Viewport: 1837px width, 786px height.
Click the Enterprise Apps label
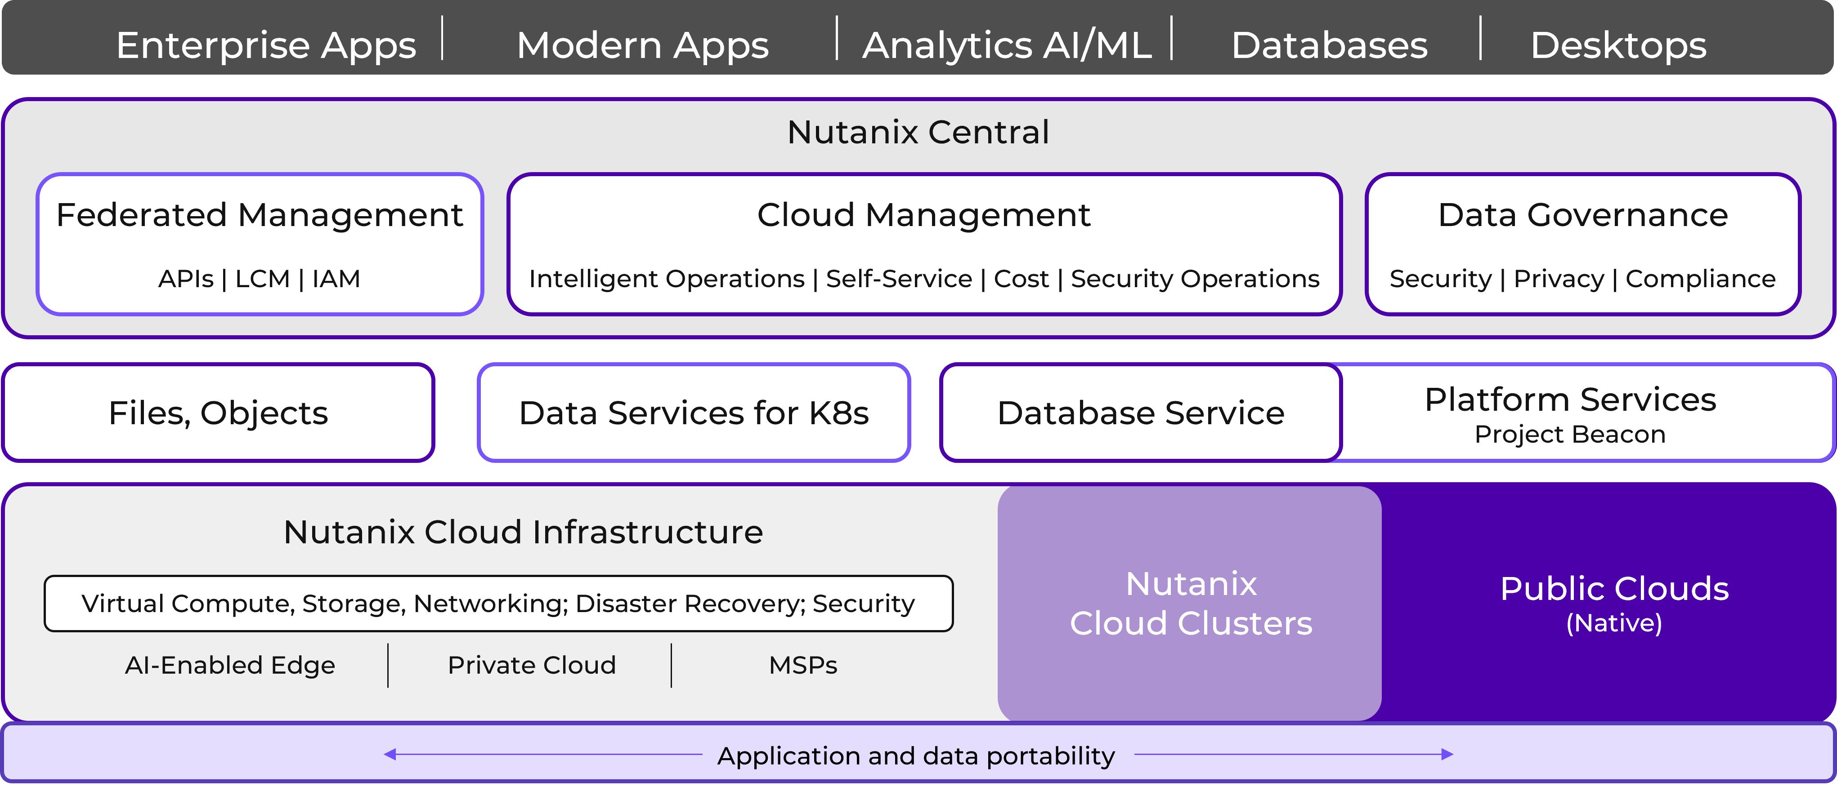pos(265,45)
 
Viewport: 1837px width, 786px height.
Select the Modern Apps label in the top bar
pos(642,45)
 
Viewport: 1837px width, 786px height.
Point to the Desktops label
pos(1618,45)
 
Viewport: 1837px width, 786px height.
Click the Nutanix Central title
pos(918,132)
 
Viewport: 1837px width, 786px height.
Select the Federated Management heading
pos(260,214)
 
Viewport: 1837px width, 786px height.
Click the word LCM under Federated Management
pos(262,279)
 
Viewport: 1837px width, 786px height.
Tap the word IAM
pos(336,279)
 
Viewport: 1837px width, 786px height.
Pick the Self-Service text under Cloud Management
pos(899,279)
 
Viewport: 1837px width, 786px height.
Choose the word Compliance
pos(1700,279)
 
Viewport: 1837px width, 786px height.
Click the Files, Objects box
pos(218,413)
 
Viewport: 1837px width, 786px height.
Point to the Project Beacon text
pos(1569,434)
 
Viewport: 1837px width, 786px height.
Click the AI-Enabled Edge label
pos(229,665)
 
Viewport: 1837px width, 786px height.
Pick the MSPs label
pos(803,665)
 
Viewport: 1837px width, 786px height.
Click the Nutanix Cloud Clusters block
pos(1190,603)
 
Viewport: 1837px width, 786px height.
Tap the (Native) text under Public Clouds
pos(1614,623)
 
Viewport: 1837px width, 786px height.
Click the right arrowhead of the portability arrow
pos(1447,754)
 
